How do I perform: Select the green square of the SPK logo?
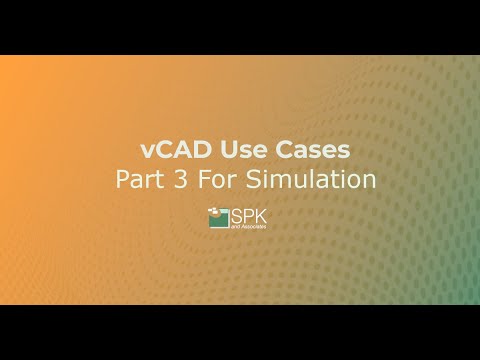pyautogui.click(x=219, y=220)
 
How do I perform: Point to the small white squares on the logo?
pyautogui.click(x=214, y=211)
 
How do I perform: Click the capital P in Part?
pyautogui.click(x=125, y=181)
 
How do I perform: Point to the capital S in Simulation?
pyautogui.click(x=250, y=181)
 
